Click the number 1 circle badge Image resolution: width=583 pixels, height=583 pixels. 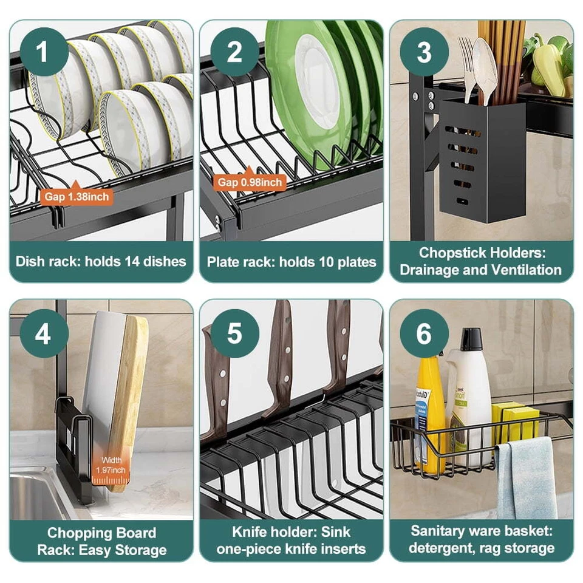[42, 52]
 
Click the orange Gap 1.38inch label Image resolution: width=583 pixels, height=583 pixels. [77, 196]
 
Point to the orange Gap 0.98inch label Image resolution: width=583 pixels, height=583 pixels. [251, 182]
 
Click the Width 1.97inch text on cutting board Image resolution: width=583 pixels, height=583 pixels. [111, 466]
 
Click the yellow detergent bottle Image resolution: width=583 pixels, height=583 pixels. [429, 413]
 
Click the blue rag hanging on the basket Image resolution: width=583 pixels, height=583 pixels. [527, 477]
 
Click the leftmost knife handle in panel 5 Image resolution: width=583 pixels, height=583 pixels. [214, 383]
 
